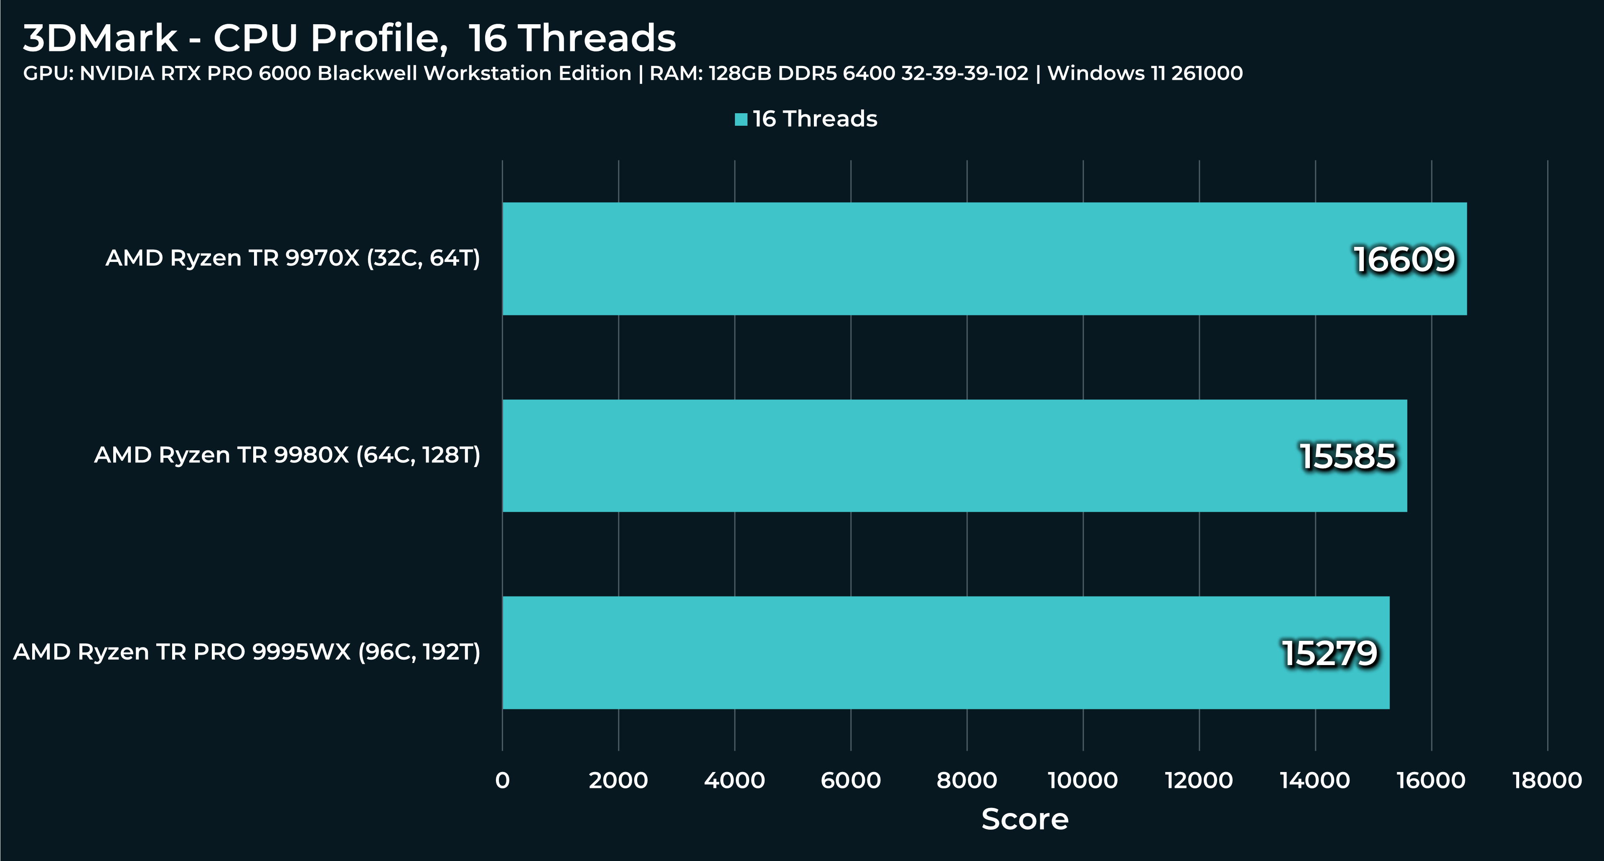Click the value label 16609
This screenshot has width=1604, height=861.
(1404, 259)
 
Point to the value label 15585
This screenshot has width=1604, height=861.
(1348, 456)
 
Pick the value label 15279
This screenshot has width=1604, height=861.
(1329, 653)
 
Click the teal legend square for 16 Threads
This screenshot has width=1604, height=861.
(741, 119)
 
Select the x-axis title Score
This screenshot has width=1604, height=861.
(1025, 819)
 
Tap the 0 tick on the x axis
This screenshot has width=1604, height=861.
(503, 780)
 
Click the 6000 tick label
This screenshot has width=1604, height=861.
(851, 780)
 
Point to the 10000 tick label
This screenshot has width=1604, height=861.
(1083, 780)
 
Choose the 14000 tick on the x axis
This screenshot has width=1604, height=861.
(1315, 780)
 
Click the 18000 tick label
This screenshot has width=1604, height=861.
(1547, 780)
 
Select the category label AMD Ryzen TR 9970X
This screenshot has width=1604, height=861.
(292, 258)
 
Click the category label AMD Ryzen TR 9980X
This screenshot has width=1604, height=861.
(287, 455)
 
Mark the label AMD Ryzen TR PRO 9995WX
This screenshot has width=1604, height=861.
(247, 652)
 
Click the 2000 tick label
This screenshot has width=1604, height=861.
(618, 780)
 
